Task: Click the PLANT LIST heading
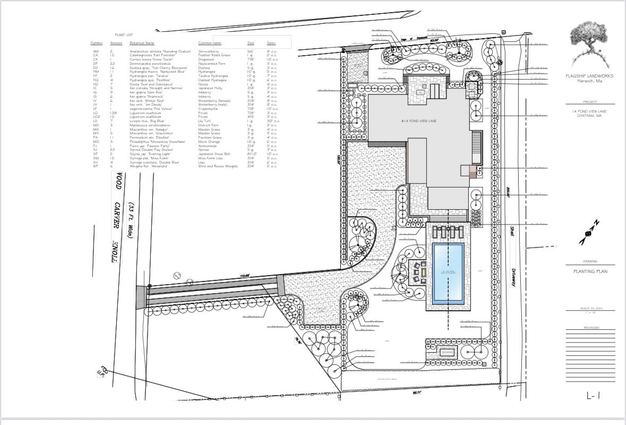(124, 35)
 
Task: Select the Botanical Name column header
(142, 43)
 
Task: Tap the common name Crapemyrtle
(208, 109)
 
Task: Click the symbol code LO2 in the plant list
(96, 117)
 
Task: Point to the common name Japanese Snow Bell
(214, 154)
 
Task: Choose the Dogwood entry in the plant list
(206, 59)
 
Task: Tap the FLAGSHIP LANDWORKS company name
(589, 76)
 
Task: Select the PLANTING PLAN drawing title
(590, 271)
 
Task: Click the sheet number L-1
(593, 395)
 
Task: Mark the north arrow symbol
(589, 233)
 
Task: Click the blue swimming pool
(448, 273)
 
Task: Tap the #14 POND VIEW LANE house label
(419, 122)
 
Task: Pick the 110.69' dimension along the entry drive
(245, 276)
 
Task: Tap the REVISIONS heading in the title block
(591, 328)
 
